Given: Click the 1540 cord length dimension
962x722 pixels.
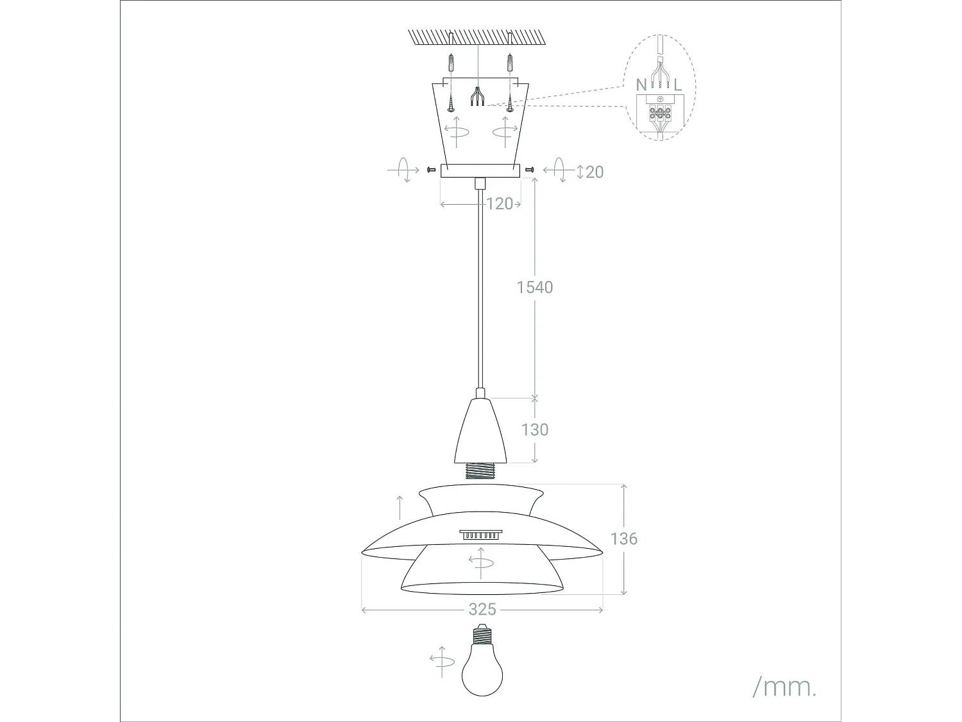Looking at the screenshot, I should coord(535,287).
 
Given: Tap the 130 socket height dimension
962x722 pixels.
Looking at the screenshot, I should coord(535,429).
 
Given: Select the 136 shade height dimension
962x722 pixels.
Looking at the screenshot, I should coord(623,538).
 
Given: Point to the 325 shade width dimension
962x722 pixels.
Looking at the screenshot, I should coord(482,609).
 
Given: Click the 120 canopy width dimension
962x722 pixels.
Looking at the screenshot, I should coord(500,204).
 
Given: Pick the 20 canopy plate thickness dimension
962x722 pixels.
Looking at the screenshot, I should coord(595,172).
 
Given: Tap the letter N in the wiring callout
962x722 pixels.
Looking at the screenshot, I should coord(641,85).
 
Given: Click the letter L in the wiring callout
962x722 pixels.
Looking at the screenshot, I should coord(678,85).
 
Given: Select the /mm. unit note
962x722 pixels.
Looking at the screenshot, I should coord(784,687).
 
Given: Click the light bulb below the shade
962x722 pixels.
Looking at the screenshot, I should coord(482,667).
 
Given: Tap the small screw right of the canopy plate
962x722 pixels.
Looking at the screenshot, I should coord(529,169).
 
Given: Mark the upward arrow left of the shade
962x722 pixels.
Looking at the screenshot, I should coord(401,508).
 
